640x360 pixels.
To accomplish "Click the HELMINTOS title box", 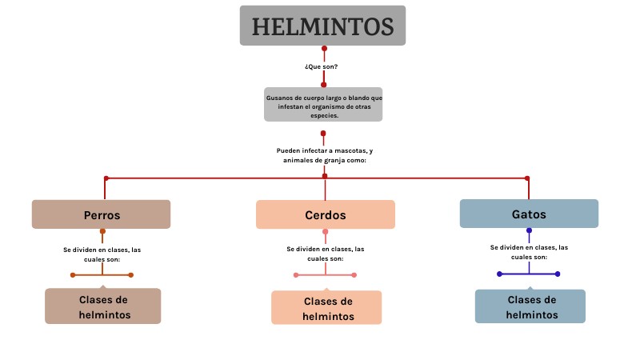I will (x=322, y=26).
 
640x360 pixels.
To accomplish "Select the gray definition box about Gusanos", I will (x=323, y=104).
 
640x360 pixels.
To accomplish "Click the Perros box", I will (x=102, y=214).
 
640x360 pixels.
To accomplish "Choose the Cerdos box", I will (x=325, y=214).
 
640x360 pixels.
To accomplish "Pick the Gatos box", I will (x=529, y=214).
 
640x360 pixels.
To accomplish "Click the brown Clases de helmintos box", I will (x=103, y=306).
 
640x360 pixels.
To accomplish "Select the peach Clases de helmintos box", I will (x=326, y=308).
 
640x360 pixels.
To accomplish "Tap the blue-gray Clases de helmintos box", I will (x=530, y=306).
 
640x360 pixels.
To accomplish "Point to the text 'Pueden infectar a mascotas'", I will (x=324, y=150).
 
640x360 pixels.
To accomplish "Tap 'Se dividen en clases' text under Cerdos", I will (x=325, y=249).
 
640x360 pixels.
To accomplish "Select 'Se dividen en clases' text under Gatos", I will (x=529, y=247).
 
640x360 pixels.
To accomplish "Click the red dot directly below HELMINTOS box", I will (x=323, y=49).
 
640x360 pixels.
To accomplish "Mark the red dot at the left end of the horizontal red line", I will (x=105, y=178).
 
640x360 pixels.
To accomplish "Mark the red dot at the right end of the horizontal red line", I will (x=527, y=178).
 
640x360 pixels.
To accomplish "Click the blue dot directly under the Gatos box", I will (x=529, y=230).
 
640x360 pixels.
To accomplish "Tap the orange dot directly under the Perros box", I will (x=102, y=231).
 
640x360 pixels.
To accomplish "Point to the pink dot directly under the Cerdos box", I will (x=325, y=232).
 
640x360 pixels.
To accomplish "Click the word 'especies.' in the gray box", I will (x=324, y=115).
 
